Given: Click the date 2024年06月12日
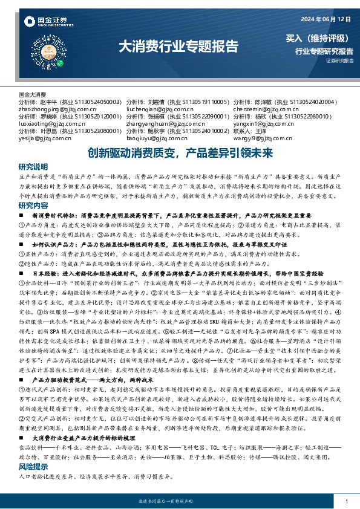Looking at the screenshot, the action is [x=324, y=16].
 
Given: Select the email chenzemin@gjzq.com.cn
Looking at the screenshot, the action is [x=262, y=108].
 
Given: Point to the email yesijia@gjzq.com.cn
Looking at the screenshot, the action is [x=44, y=137].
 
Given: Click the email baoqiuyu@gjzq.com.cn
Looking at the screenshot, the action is [x=155, y=137].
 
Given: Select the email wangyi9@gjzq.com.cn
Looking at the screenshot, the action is [x=259, y=137].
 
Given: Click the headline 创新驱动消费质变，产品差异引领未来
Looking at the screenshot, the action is [x=180, y=153].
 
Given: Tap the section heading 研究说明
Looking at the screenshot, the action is [x=33, y=166].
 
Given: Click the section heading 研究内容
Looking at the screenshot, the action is [x=33, y=206].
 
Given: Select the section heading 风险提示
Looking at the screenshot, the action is [x=33, y=467].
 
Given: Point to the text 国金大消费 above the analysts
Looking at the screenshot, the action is [x=33, y=94].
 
